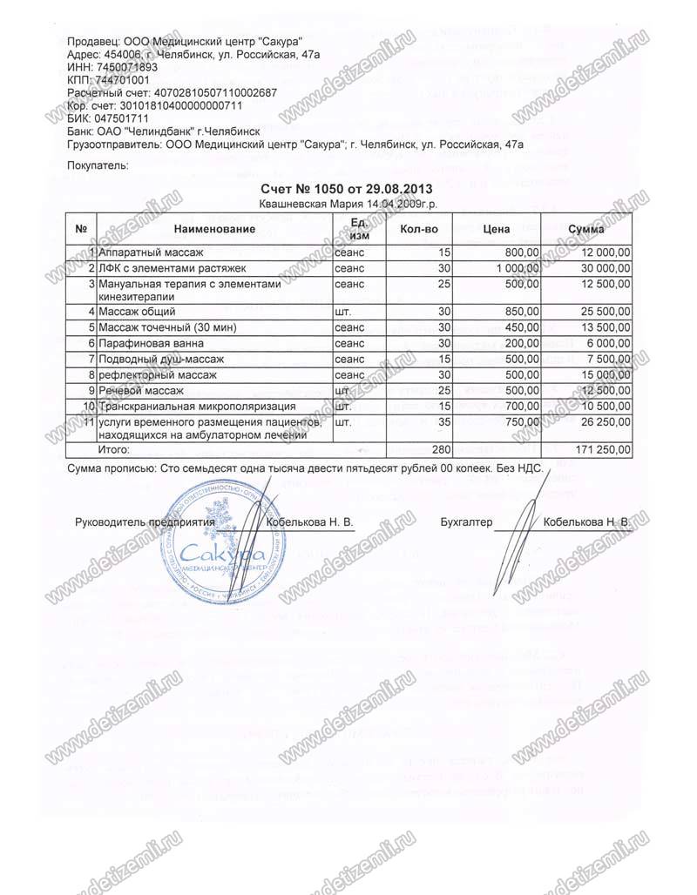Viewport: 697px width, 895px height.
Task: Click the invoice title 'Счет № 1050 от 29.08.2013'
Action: click(x=347, y=188)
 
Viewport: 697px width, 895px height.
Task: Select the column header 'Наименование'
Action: click(x=213, y=229)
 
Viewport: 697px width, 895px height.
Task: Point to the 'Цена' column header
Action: click(x=496, y=229)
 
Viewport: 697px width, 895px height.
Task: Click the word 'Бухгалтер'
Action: click(x=467, y=522)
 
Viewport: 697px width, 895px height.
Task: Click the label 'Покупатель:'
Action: click(x=98, y=164)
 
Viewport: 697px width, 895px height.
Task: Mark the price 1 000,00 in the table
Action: click(x=519, y=267)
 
